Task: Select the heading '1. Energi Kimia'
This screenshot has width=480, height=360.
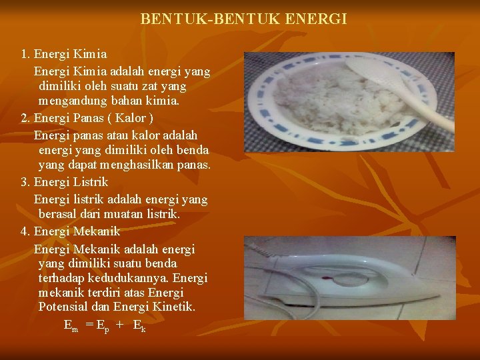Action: click(64, 53)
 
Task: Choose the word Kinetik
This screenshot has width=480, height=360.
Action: click(172, 306)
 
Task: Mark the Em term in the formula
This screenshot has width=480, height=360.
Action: click(71, 326)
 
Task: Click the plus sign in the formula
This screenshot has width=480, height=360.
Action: click(120, 325)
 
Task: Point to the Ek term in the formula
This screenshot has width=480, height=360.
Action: click(139, 326)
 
